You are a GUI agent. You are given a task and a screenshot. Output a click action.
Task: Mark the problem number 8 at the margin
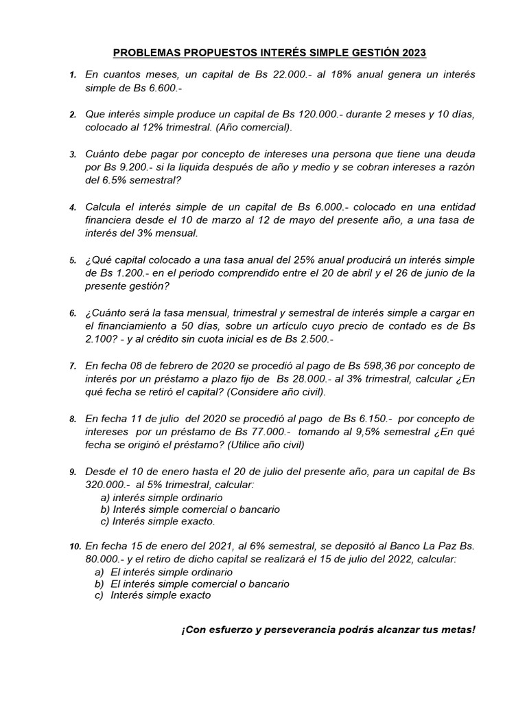73,419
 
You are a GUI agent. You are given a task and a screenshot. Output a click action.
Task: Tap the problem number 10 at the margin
75,547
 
